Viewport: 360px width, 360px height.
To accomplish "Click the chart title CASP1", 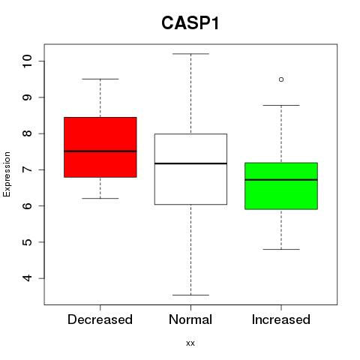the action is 190,23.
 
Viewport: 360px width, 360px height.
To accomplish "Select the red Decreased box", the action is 100,147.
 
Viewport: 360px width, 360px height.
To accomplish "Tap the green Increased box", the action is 281,186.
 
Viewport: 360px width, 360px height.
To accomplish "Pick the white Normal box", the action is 190,169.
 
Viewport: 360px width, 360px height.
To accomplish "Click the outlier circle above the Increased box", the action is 281,79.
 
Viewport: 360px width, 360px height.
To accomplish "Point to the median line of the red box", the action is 100,151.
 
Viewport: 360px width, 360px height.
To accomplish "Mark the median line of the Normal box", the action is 190,163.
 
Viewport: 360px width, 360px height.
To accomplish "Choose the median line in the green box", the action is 281,180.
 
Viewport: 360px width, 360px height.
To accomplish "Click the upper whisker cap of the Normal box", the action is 190,54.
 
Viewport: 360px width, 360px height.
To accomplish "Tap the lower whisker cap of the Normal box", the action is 190,295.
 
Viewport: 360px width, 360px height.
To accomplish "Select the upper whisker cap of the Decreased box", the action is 100,79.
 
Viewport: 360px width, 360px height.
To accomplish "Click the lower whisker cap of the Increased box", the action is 281,249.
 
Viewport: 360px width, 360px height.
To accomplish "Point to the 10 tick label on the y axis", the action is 28,61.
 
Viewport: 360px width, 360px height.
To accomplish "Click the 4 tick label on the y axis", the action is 28,278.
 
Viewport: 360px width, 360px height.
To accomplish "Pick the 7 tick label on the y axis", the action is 28,169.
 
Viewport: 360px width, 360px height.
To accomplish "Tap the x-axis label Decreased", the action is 100,319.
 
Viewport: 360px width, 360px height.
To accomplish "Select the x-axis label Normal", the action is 190,319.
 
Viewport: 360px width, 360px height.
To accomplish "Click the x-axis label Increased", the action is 281,319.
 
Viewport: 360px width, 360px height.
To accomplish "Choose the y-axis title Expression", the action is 7,174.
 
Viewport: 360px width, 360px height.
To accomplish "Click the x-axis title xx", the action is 190,343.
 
